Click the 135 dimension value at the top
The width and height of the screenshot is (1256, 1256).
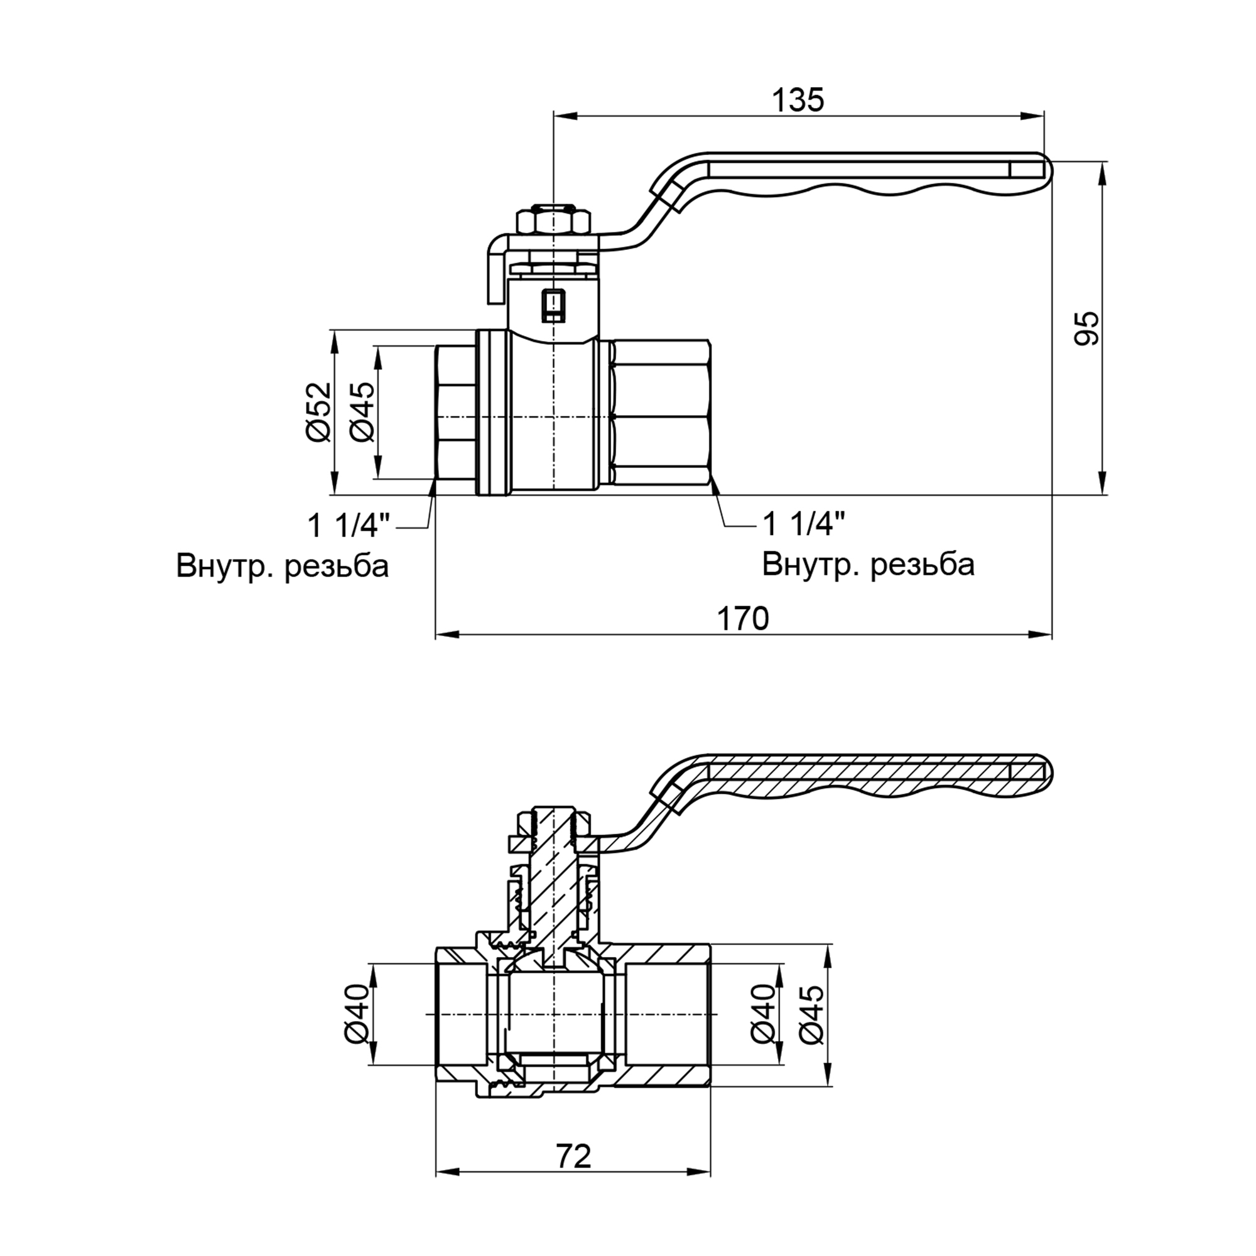click(x=798, y=100)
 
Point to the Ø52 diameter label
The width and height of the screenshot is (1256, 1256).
click(x=318, y=412)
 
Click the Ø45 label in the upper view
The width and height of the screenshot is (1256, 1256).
click(x=362, y=412)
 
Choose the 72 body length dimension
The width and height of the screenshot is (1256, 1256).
click(x=573, y=1157)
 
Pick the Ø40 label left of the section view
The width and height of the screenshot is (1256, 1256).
click(x=355, y=1014)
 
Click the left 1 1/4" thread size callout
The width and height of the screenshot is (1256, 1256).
click(x=349, y=525)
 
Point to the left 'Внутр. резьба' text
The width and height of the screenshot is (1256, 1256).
click(x=282, y=566)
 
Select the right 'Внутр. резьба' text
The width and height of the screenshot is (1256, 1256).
click(x=868, y=565)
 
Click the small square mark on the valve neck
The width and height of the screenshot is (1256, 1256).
click(x=553, y=306)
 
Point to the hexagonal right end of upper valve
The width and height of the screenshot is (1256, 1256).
click(x=660, y=413)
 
